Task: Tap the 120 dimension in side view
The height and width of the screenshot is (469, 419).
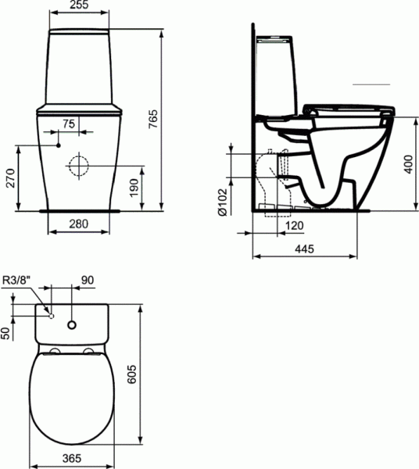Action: pyautogui.click(x=294, y=225)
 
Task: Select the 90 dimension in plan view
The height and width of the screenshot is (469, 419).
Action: pyautogui.click(x=88, y=281)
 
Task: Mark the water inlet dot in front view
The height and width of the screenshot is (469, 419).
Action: pyautogui.click(x=59, y=145)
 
